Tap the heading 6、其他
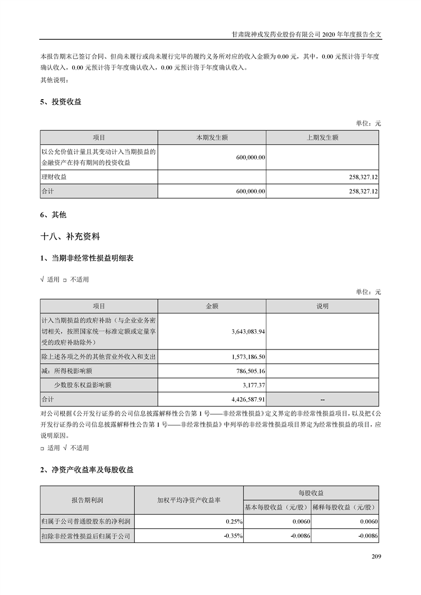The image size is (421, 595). [x=53, y=215]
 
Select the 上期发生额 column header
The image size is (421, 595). [x=322, y=137]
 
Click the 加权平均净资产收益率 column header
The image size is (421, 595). [x=188, y=500]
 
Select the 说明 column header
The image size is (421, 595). [x=322, y=306]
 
